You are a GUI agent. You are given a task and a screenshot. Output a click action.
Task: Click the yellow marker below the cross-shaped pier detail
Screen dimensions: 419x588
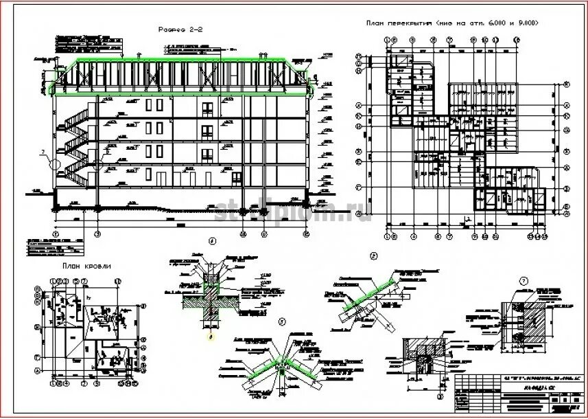click(210, 336)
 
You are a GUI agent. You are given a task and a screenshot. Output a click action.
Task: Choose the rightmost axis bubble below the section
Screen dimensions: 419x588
click(306, 234)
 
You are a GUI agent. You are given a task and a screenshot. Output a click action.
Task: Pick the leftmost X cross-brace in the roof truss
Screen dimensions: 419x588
click(88, 78)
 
